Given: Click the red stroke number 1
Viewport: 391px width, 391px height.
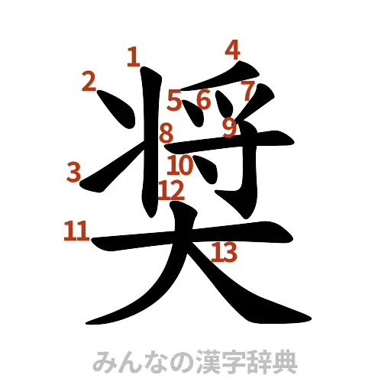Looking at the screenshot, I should [133, 56].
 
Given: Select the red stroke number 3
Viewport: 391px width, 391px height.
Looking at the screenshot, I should [73, 172].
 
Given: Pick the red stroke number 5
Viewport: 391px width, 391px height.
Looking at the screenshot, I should [175, 100].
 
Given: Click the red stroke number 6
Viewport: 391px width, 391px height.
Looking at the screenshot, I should [203, 99].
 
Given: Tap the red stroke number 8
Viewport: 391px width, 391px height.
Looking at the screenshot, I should [166, 134].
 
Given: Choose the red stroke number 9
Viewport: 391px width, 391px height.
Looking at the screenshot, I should [229, 127].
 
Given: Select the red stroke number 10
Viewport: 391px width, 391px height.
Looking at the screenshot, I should [181, 164].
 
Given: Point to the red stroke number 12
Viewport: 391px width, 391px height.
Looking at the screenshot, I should [172, 188].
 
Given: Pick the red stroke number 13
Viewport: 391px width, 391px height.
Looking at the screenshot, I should [225, 250].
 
